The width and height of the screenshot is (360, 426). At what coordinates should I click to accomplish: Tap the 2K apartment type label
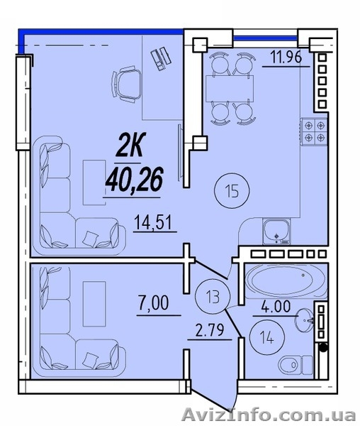130,145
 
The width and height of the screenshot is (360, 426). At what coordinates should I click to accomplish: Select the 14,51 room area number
153,222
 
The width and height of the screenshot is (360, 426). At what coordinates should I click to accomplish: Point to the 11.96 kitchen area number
286,58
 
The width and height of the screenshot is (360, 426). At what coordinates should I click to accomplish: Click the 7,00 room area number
154,303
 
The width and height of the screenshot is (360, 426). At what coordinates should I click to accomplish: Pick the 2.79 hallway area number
210,330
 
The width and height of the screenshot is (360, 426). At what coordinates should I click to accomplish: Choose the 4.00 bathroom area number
276,307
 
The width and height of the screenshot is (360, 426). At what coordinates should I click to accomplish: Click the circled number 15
232,191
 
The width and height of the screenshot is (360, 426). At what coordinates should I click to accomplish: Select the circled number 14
267,337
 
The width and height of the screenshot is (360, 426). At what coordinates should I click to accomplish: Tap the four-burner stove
314,132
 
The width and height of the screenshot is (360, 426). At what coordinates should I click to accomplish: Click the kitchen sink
276,231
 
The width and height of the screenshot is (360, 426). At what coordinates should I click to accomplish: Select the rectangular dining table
230,89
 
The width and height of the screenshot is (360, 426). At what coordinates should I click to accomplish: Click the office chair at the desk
127,84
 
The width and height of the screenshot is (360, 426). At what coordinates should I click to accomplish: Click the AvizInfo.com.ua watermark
269,415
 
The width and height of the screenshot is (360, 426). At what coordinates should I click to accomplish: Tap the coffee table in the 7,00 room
94,304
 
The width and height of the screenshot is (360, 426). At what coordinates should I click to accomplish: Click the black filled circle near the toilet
323,347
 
